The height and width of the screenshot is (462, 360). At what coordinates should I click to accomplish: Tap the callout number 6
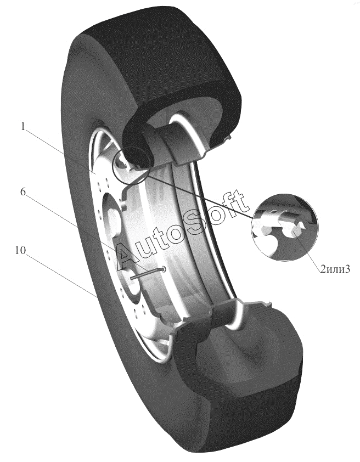(22, 191)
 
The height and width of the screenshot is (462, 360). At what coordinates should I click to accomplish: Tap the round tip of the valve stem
(164, 269)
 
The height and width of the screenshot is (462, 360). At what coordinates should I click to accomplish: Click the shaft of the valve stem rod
(147, 274)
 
